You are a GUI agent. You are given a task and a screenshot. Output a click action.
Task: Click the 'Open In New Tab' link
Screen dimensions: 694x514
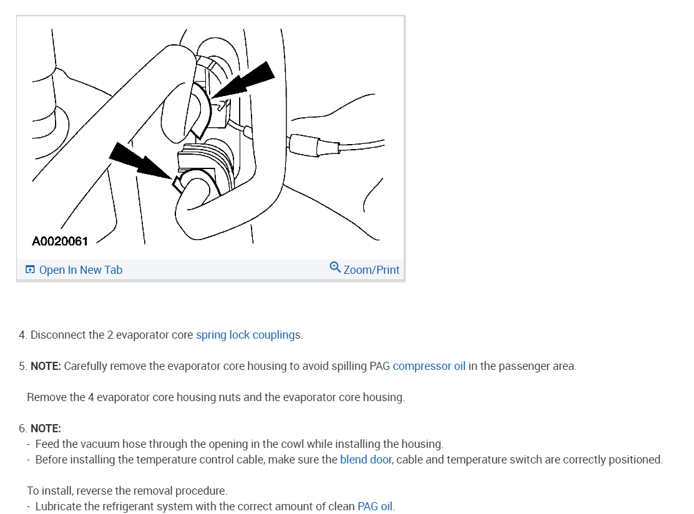click(x=81, y=270)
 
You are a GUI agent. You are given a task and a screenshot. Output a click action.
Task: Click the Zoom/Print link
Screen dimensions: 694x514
click(x=371, y=270)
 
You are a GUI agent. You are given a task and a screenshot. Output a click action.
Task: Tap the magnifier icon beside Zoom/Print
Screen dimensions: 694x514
click(x=335, y=268)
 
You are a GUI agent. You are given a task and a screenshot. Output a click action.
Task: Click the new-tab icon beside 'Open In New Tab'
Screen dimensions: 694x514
click(x=30, y=270)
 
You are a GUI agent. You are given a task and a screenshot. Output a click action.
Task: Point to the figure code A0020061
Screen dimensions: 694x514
click(x=60, y=241)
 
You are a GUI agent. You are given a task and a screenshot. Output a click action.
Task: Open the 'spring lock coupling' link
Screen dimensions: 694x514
click(x=245, y=335)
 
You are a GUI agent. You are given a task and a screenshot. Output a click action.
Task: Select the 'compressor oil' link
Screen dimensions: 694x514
click(x=429, y=366)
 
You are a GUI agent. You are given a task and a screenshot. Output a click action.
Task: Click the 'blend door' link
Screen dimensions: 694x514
click(x=366, y=460)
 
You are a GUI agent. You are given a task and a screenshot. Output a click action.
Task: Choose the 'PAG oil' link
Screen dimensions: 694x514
click(x=374, y=507)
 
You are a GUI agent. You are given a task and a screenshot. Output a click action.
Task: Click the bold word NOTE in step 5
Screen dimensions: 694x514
click(x=46, y=366)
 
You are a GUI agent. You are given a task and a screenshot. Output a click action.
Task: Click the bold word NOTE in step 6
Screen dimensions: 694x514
click(x=46, y=429)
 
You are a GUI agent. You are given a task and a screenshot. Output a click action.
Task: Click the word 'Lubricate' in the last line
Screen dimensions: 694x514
click(x=58, y=507)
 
